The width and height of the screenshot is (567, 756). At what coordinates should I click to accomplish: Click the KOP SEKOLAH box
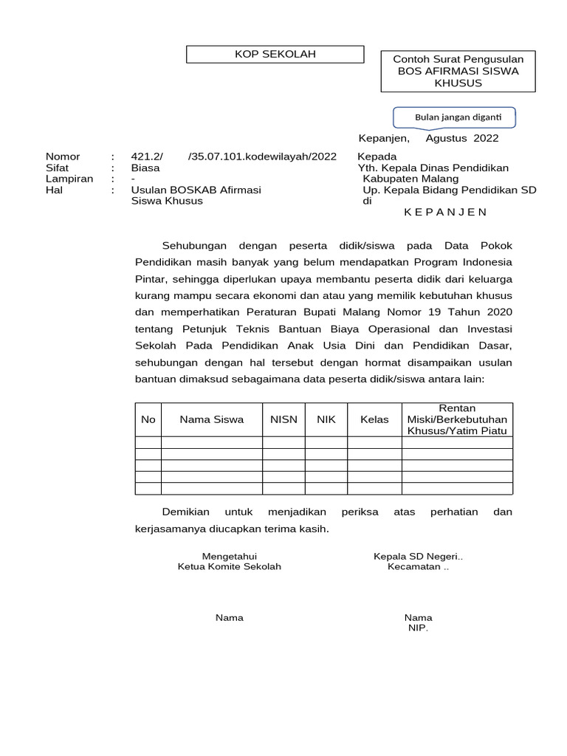pyautogui.click(x=275, y=55)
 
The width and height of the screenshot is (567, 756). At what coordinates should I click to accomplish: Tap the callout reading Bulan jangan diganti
pyautogui.click(x=453, y=117)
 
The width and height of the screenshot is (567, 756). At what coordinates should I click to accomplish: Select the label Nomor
pyautogui.click(x=63, y=157)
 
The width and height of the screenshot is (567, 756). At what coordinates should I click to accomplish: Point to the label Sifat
pyautogui.click(x=58, y=168)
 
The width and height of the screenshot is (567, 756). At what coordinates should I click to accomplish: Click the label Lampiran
pyautogui.click(x=69, y=179)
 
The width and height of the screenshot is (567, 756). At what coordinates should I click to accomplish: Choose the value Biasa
pyautogui.click(x=145, y=168)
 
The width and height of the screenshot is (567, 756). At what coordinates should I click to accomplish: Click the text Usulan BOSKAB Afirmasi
pyautogui.click(x=196, y=190)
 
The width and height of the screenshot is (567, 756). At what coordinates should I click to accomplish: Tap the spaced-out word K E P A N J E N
pyautogui.click(x=445, y=212)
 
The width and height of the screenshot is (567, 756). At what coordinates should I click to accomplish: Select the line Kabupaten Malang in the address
pyautogui.click(x=410, y=179)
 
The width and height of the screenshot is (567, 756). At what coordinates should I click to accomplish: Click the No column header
pyautogui.click(x=148, y=419)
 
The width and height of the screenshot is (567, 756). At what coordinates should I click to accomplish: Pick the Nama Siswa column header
pyautogui.click(x=212, y=419)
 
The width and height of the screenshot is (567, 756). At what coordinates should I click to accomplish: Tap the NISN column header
pyautogui.click(x=283, y=419)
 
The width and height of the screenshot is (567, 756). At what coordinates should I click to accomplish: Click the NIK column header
pyautogui.click(x=326, y=419)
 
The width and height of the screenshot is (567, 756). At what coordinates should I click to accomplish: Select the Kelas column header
pyautogui.click(x=374, y=419)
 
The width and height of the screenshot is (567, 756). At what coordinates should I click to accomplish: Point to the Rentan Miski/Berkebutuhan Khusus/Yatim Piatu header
pyautogui.click(x=457, y=419)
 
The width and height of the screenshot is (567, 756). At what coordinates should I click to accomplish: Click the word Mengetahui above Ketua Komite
pyautogui.click(x=230, y=556)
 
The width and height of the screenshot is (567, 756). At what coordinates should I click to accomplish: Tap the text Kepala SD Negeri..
pyautogui.click(x=418, y=556)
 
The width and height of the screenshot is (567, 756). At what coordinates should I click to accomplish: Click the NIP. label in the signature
pyautogui.click(x=418, y=628)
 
